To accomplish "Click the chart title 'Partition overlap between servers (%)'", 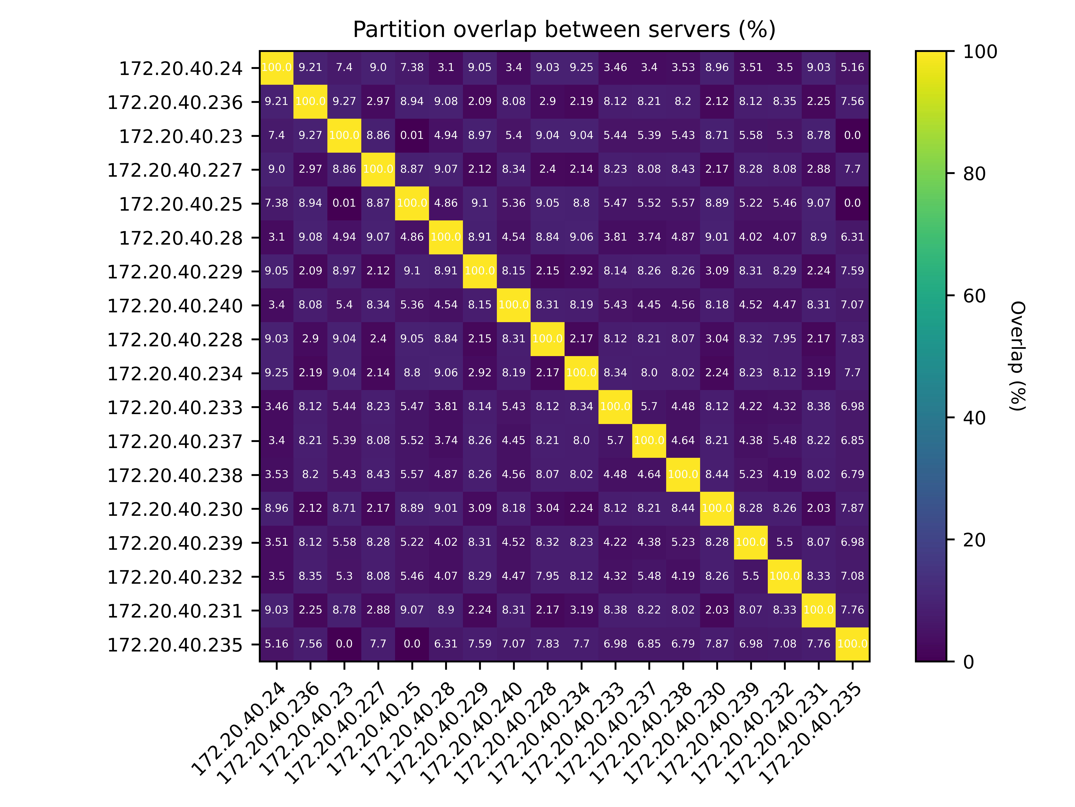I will pos(564,30).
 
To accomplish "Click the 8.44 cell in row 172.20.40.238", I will pos(717,474).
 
